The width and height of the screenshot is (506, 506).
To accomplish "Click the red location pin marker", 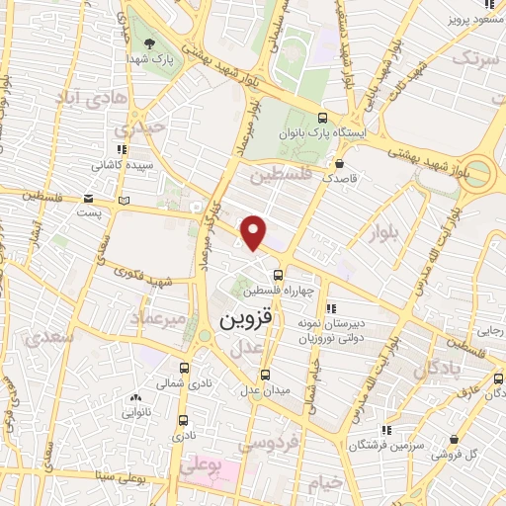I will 254,230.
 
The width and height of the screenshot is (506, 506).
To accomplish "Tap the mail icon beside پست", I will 90,197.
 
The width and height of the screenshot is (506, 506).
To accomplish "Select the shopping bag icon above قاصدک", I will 340,165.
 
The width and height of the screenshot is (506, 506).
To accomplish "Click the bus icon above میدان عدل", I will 264,374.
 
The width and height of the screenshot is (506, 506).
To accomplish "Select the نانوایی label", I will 136,414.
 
